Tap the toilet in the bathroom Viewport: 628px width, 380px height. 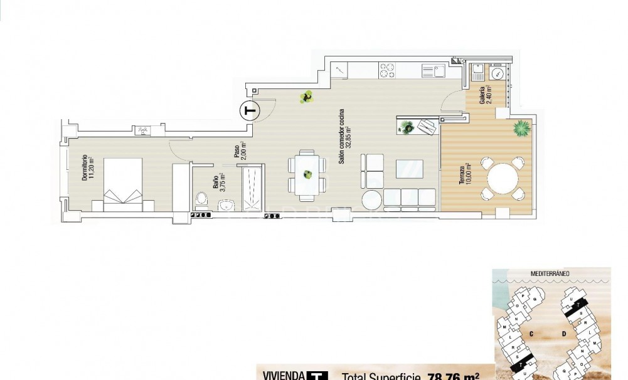pyautogui.click(x=201, y=200)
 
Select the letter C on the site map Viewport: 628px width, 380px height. pyautogui.click(x=531, y=333)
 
